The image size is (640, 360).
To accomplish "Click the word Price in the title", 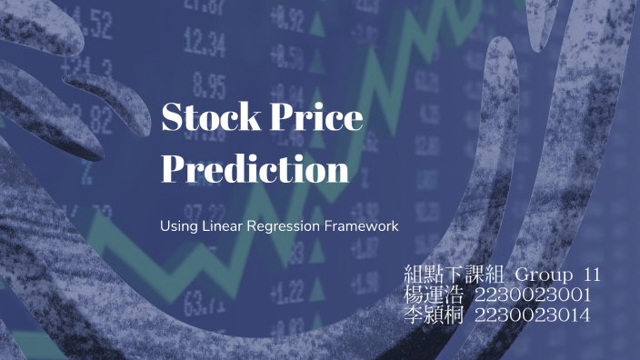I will tap(314, 118).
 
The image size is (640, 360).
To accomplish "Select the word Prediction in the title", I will tap(255, 169).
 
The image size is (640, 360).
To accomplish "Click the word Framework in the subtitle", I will tap(361, 224).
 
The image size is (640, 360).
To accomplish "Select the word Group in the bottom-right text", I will tap(544, 275).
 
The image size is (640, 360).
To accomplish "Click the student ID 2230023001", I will tap(533, 295).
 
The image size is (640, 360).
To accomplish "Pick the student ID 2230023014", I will tap(533, 315).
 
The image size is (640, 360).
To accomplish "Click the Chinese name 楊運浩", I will tap(433, 295).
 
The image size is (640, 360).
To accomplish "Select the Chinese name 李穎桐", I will tap(433, 315).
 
